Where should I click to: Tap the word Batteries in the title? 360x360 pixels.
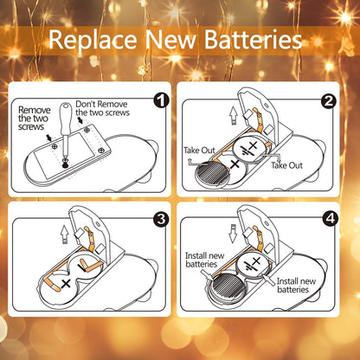[252, 40]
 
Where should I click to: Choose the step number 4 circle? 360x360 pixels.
[328, 217]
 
